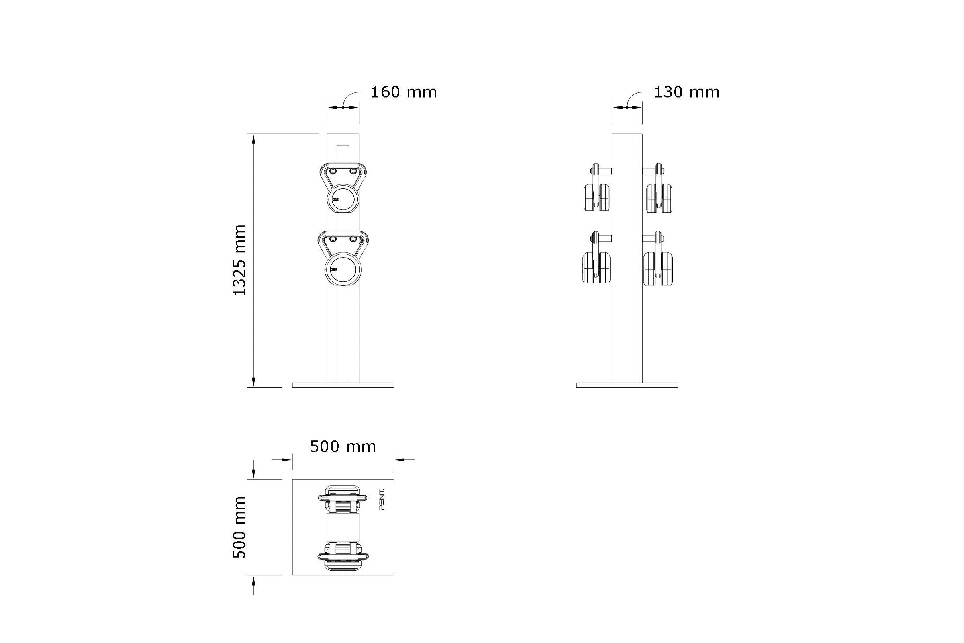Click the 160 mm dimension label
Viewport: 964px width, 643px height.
point(403,92)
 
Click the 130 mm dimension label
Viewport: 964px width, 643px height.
point(686,92)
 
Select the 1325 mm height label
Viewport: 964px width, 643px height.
point(240,260)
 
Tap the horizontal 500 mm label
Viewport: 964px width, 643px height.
point(343,446)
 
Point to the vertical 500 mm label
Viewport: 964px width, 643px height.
point(240,527)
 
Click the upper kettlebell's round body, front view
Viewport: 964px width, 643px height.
point(343,199)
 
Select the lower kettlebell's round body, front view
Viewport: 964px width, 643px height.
point(343,270)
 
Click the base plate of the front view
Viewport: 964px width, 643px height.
point(343,385)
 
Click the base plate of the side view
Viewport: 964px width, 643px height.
point(627,385)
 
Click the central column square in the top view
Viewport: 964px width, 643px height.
point(343,527)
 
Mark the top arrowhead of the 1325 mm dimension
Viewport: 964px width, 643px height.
point(254,139)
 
